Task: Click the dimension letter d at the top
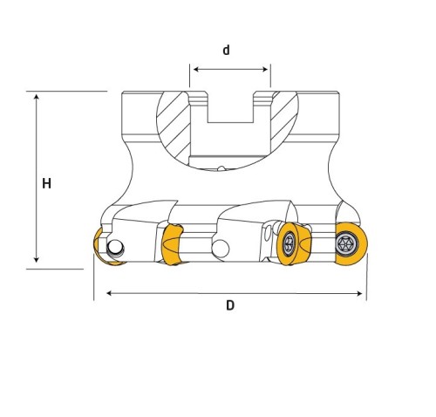(x=226, y=50)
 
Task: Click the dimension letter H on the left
(x=46, y=183)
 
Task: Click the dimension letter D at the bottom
(x=230, y=305)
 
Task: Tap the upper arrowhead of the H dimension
(x=37, y=97)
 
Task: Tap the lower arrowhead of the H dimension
(x=37, y=259)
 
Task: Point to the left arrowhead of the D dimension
(x=109, y=293)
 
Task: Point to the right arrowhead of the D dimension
(x=359, y=293)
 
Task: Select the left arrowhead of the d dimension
(x=196, y=69)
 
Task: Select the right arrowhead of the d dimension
(x=265, y=69)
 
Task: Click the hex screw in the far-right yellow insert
(x=346, y=243)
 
